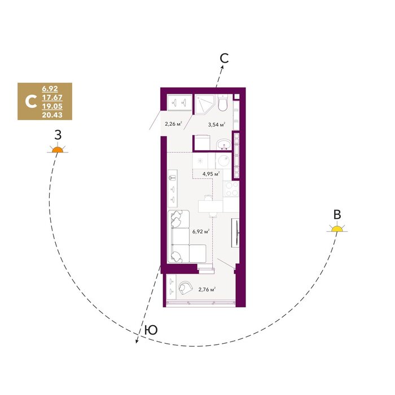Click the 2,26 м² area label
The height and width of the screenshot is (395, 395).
(x=174, y=124)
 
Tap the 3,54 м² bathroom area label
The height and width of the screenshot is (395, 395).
(x=216, y=124)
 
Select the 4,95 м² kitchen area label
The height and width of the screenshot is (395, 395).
(x=211, y=174)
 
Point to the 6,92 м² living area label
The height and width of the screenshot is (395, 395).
(x=201, y=231)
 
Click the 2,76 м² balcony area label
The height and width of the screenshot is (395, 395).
(x=207, y=289)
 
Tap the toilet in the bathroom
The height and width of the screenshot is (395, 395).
(x=223, y=103)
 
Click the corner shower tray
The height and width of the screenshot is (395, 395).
(x=204, y=104)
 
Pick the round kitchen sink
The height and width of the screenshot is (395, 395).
(x=223, y=161)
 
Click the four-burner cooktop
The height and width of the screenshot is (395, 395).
(x=231, y=189)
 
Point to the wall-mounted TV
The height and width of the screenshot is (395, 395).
(x=237, y=232)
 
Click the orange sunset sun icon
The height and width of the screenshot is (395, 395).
(x=58, y=150)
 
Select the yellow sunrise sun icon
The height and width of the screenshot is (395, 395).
(x=337, y=228)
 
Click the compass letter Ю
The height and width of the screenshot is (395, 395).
(x=151, y=330)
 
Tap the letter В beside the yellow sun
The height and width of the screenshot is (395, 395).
(x=337, y=214)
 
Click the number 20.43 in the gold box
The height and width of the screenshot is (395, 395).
(x=52, y=115)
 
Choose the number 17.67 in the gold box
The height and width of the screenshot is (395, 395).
(x=52, y=98)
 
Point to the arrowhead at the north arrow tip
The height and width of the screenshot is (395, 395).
(x=222, y=67)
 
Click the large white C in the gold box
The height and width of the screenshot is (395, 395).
(x=31, y=101)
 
